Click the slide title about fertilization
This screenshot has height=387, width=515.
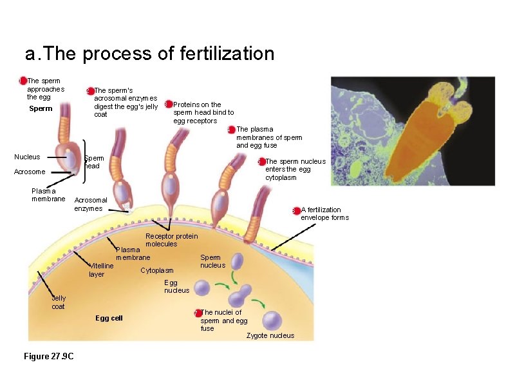[x=149, y=54]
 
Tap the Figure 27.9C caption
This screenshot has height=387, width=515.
[x=48, y=357]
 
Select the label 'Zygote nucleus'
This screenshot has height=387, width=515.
[x=270, y=335]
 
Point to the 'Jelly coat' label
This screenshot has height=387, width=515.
[x=59, y=303]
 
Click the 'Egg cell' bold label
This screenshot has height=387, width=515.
[x=109, y=318]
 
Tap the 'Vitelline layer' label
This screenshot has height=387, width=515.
[x=101, y=270]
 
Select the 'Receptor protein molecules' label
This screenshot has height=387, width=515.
[x=162, y=240]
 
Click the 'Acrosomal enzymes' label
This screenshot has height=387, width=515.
[x=90, y=204]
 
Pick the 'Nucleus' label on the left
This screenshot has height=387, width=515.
[x=27, y=157]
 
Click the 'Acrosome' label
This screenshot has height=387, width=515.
[x=30, y=172]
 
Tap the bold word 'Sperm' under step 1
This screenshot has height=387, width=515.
[x=41, y=108]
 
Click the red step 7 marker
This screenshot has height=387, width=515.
[x=198, y=313]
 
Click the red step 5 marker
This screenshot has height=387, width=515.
[x=261, y=162]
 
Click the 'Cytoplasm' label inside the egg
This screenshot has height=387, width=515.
[x=157, y=270]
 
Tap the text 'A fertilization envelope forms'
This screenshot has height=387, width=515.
[x=324, y=213]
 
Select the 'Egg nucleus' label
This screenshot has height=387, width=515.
[x=177, y=286]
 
